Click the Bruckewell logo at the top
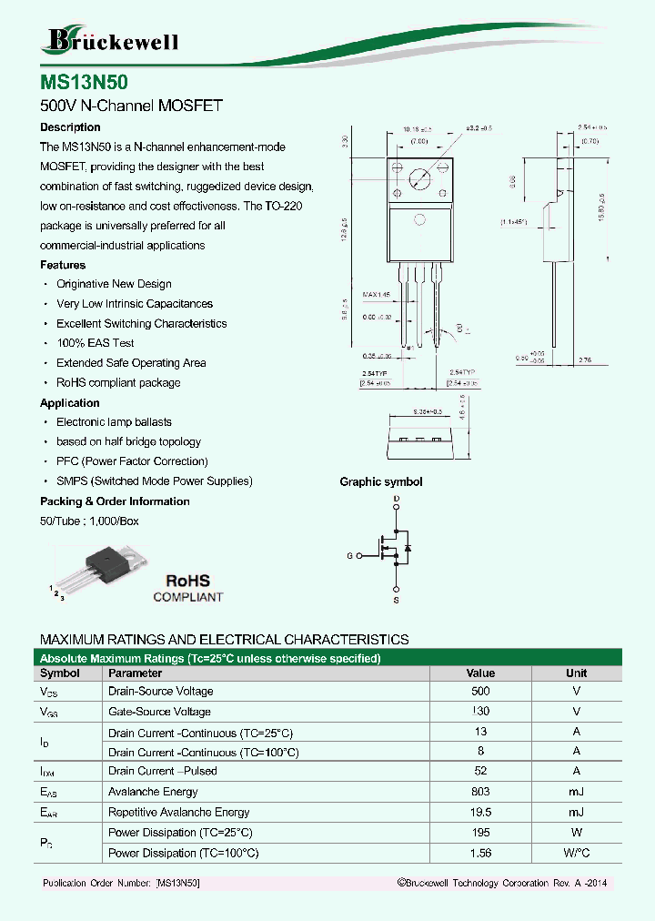[110, 40]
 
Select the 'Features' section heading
[63, 265]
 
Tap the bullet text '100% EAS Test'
[95, 343]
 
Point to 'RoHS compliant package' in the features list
[118, 382]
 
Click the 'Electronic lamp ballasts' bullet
[114, 422]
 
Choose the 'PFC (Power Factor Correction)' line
[132, 461]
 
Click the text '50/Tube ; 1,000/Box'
[89, 521]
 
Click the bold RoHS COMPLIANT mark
[187, 588]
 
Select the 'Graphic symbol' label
[380, 482]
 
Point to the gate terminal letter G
[349, 555]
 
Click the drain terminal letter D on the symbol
[396, 501]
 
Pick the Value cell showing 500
[480, 691]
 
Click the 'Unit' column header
[576, 673]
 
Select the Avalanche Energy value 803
[480, 792]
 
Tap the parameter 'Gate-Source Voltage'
[159, 712]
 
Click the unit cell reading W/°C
[576, 853]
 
